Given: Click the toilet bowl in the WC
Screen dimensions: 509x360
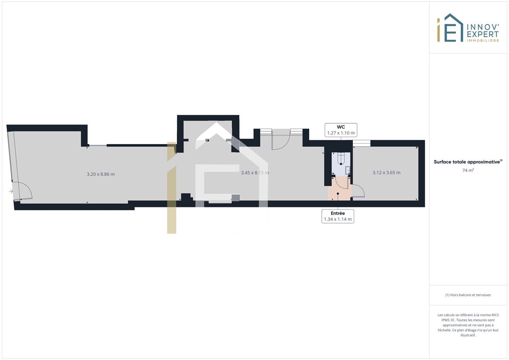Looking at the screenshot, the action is pyautogui.click(x=341, y=159).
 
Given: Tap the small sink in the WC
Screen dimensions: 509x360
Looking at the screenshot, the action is pyautogui.click(x=348, y=170).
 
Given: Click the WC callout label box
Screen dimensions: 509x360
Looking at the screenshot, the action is pyautogui.click(x=341, y=130).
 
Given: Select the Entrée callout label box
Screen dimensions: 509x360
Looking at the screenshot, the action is pyautogui.click(x=338, y=216).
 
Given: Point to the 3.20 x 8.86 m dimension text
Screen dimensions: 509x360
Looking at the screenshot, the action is pyautogui.click(x=101, y=174).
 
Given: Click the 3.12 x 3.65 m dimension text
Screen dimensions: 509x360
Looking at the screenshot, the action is pyautogui.click(x=386, y=172).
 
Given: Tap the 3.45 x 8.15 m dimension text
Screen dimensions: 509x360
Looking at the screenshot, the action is pyautogui.click(x=255, y=173).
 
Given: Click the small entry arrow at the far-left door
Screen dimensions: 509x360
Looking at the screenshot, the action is pyautogui.click(x=11, y=191).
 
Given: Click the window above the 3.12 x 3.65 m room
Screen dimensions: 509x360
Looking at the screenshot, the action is pyautogui.click(x=362, y=143).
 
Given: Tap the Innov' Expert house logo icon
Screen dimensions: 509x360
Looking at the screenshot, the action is pyautogui.click(x=450, y=28).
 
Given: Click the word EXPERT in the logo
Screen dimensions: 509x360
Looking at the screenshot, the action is pyautogui.click(x=483, y=34).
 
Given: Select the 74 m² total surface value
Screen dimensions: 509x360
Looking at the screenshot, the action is pyautogui.click(x=468, y=170).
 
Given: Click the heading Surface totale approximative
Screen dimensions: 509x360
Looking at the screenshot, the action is pyautogui.click(x=467, y=162).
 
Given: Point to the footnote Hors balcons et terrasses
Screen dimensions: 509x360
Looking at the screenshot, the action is pyautogui.click(x=468, y=295).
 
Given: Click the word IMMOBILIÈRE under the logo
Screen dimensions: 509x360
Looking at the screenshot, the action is pyautogui.click(x=483, y=40).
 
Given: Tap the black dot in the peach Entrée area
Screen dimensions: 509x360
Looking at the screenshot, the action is pyautogui.click(x=338, y=194).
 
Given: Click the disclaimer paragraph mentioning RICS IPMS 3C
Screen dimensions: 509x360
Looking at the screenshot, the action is pyautogui.click(x=468, y=325).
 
